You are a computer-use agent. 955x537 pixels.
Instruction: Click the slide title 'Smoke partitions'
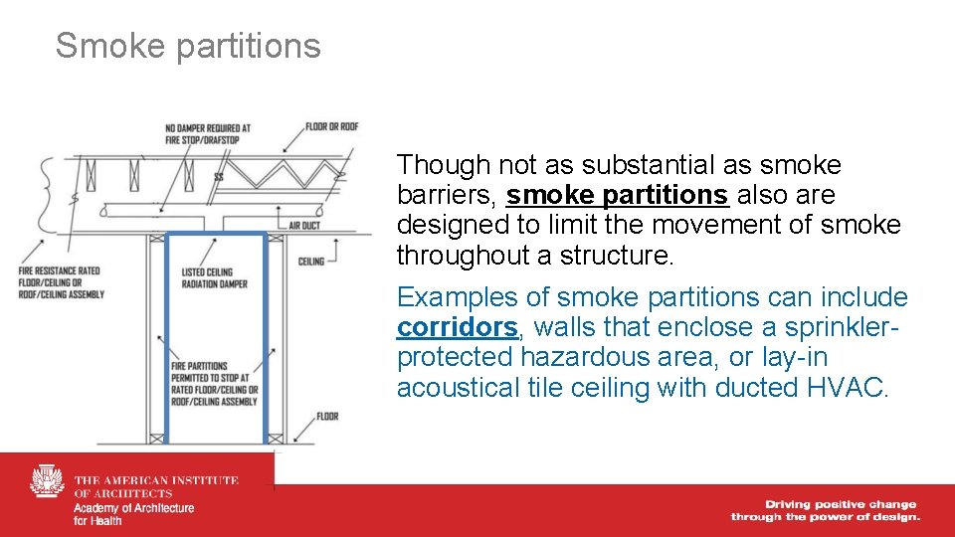188,46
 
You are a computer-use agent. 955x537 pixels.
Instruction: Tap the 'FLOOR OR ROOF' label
331,126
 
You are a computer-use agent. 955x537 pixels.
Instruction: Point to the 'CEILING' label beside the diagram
311,262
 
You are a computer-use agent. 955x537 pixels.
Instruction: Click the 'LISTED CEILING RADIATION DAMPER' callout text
208,275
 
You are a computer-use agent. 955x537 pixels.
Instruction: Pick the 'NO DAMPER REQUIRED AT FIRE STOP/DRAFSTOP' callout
208,133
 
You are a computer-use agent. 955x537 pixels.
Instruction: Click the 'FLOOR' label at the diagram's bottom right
326,415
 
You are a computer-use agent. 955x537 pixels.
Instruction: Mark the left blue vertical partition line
166,338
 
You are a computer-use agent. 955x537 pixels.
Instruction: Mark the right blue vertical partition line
267,338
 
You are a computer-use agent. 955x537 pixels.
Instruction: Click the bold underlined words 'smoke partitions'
617,195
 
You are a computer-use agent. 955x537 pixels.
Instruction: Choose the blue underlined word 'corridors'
457,327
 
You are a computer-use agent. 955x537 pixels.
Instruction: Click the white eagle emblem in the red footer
47,483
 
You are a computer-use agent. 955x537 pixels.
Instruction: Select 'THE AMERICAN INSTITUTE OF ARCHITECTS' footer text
156,486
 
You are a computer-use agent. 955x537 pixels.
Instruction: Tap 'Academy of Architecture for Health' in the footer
133,514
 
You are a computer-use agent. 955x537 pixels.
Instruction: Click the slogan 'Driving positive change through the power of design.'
825,510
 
